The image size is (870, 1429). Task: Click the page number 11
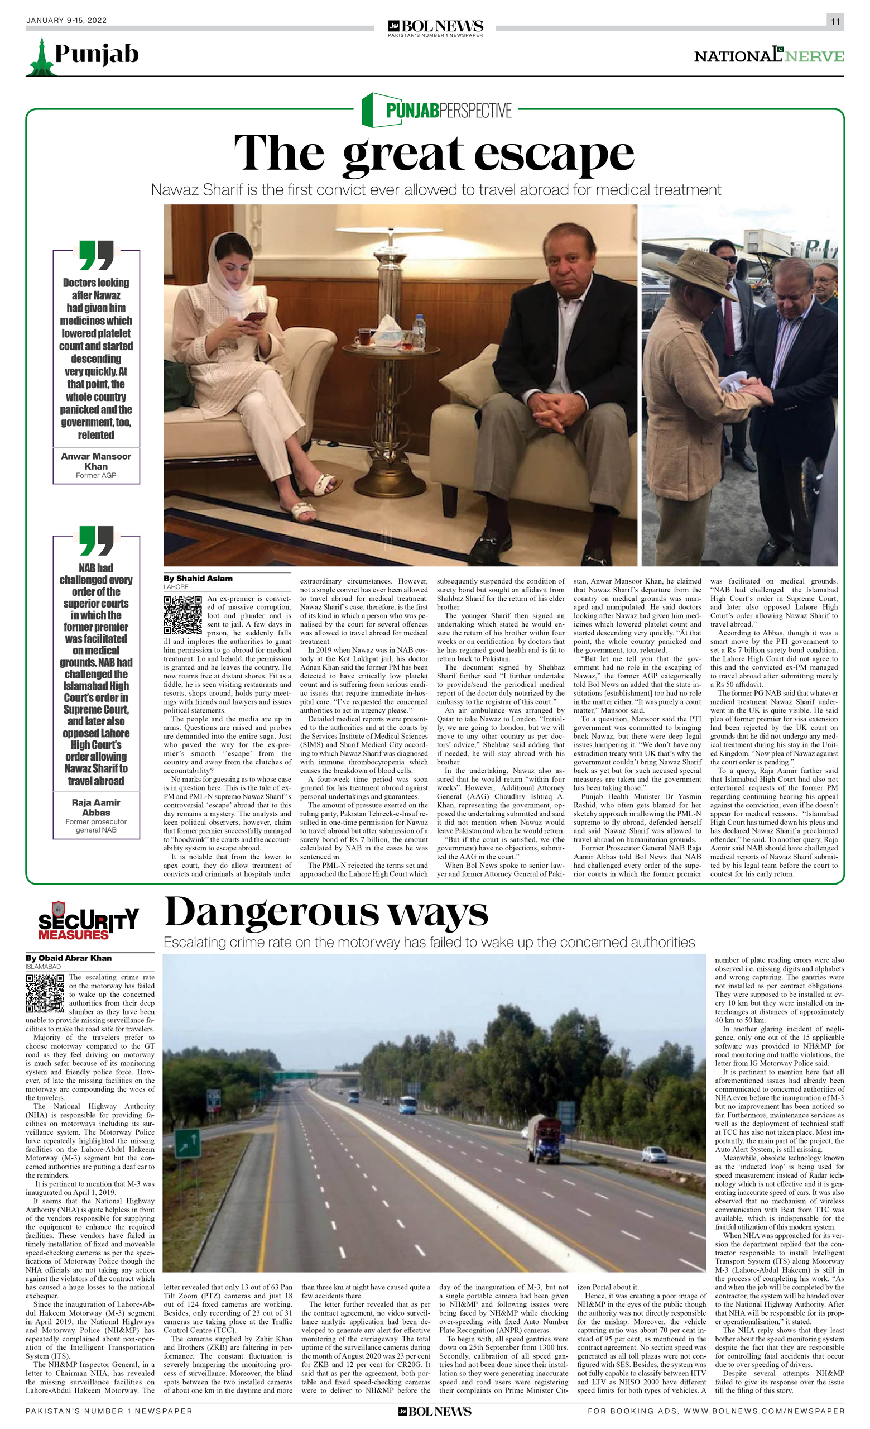(835, 21)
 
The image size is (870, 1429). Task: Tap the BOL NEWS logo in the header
(435, 27)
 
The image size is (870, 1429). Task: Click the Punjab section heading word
(96, 54)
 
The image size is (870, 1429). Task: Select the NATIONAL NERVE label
(768, 56)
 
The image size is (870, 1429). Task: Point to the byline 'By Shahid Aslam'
(198, 578)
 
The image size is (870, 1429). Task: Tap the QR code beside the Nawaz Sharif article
(182, 614)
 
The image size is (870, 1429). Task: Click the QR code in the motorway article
(45, 993)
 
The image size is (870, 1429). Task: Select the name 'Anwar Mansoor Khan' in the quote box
(96, 461)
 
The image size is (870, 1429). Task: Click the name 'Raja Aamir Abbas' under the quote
(96, 807)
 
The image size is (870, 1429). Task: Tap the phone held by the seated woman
(254, 317)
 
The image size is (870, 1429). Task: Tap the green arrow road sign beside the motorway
(187, 1143)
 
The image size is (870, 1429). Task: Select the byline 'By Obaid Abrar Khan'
(69, 958)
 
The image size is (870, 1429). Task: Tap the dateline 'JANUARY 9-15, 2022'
(66, 20)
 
